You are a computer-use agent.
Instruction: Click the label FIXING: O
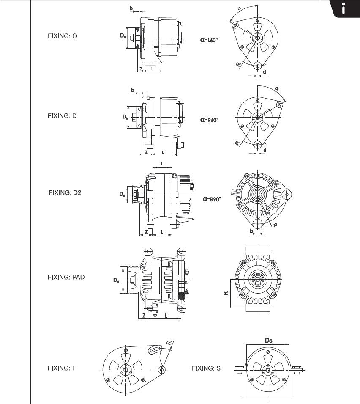tap(62, 36)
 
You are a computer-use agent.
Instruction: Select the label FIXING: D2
tap(65, 193)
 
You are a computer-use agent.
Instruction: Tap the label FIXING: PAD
tap(66, 277)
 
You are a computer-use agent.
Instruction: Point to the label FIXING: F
tap(62, 368)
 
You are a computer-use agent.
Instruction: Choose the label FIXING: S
tap(206, 368)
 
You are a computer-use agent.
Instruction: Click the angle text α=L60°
tap(209, 40)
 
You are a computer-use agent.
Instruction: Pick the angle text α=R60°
tap(209, 120)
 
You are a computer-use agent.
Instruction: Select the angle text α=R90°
tap(212, 199)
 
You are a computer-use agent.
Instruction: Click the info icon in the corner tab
tap(343, 8)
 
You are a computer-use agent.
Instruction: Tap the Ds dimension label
tap(269, 341)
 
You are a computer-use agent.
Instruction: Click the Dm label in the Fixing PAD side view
tap(116, 280)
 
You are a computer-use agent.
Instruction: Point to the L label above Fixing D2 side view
tap(162, 164)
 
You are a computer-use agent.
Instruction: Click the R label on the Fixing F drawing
tap(169, 343)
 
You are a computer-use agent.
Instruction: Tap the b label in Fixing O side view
tap(131, 9)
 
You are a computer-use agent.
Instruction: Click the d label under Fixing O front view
tap(265, 72)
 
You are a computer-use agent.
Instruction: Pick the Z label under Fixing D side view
tap(146, 152)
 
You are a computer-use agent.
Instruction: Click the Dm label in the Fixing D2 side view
tap(123, 194)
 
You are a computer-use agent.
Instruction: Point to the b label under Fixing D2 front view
tap(252, 231)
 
